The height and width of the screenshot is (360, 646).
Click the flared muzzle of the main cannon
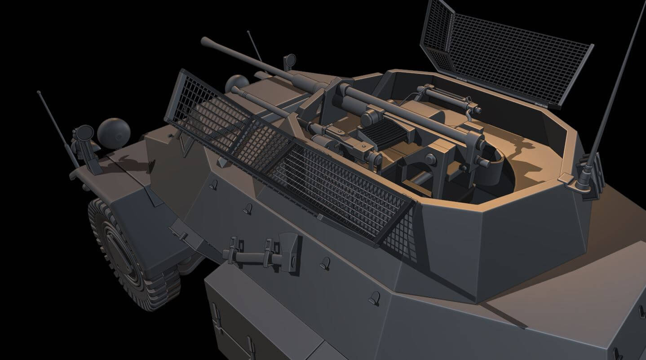click(x=208, y=42)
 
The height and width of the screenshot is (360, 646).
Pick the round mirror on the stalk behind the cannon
click(x=290, y=59)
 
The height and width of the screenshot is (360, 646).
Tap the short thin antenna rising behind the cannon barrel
click(x=255, y=47)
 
